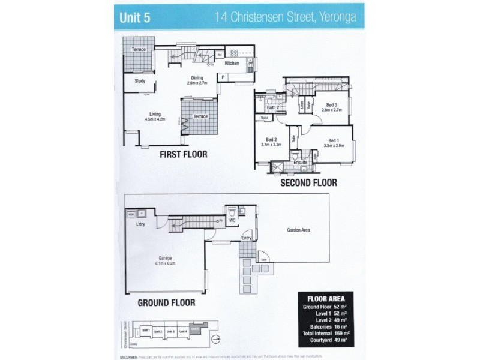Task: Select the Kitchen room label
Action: [232, 63]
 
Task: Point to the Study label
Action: [140, 81]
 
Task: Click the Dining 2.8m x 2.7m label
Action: [197, 80]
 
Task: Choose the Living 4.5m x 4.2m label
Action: [155, 116]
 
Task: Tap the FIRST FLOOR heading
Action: [183, 154]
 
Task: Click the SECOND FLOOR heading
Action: [308, 182]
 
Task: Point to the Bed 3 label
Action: [331, 107]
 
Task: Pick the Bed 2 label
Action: [271, 142]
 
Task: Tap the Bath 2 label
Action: [274, 107]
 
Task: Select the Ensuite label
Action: [301, 162]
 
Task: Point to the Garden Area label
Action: [298, 230]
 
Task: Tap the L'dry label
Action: [140, 224]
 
